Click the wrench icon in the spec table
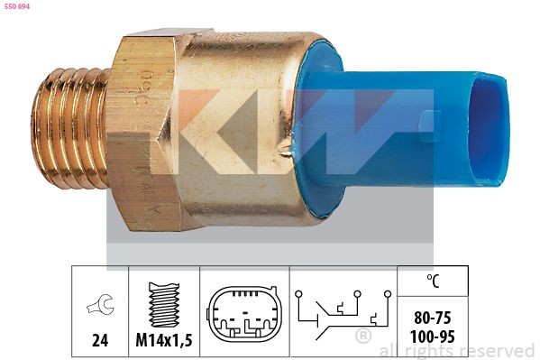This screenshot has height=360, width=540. (100, 307)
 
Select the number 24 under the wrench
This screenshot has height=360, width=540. (100, 341)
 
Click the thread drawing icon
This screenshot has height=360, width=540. (164, 305)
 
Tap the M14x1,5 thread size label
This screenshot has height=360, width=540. (164, 341)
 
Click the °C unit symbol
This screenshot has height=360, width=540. (435, 282)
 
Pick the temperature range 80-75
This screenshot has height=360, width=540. (435, 318)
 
